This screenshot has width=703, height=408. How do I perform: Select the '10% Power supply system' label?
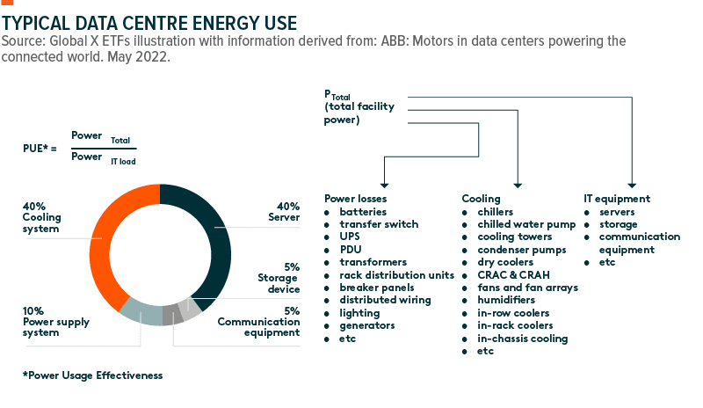click(54, 322)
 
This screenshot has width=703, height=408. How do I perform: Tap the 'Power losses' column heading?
click(355, 199)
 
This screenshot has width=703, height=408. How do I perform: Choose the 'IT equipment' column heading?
click(616, 199)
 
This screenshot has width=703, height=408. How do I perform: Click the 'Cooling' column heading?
click(481, 199)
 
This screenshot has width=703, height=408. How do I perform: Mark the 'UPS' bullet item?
click(350, 237)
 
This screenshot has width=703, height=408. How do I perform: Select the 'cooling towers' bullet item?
click(514, 237)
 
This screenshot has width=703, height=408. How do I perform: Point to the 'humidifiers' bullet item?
click(505, 300)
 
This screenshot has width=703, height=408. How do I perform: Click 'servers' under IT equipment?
click(619, 212)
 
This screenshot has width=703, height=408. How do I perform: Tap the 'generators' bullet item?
click(366, 325)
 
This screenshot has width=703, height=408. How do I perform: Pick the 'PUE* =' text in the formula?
click(40, 149)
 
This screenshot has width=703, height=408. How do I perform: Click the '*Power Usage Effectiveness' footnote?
click(92, 375)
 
